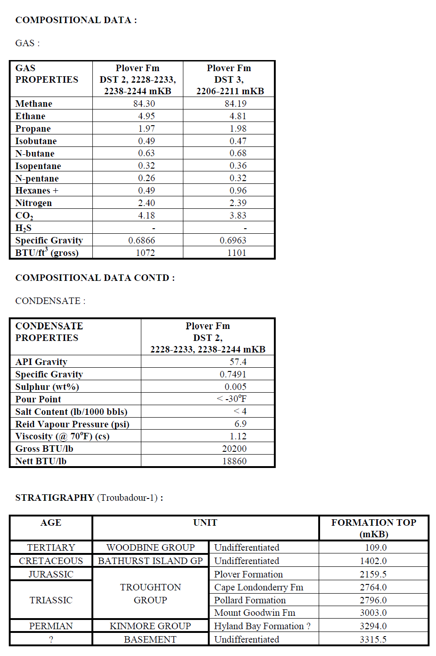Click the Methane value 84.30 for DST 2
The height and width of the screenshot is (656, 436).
coord(144,103)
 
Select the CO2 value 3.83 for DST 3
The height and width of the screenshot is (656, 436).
coord(237,215)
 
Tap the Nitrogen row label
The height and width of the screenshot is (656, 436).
coord(33,203)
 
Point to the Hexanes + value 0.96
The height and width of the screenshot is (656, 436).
coord(237,190)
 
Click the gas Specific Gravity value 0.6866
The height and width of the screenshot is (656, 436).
coord(141,240)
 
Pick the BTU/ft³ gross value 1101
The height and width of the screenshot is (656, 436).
coord(236,253)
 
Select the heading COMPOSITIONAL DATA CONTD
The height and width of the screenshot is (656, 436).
coord(95,278)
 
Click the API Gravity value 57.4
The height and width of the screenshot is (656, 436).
coord(238,362)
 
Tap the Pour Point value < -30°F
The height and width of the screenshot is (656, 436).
coord(231,399)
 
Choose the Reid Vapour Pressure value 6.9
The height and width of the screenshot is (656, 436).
coord(240,424)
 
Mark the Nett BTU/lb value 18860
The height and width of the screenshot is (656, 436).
coord(234,461)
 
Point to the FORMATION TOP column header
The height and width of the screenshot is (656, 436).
coord(374,528)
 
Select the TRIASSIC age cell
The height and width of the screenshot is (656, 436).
coord(51,600)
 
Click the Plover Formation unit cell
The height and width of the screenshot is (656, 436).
coord(248,574)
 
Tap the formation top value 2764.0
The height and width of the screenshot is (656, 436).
coord(373,587)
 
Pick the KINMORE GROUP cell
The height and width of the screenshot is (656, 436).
coord(150,626)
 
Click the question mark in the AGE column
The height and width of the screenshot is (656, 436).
coord(51,639)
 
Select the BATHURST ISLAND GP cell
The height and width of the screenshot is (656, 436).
coord(150,561)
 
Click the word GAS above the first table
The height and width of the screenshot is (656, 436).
coord(25,43)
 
